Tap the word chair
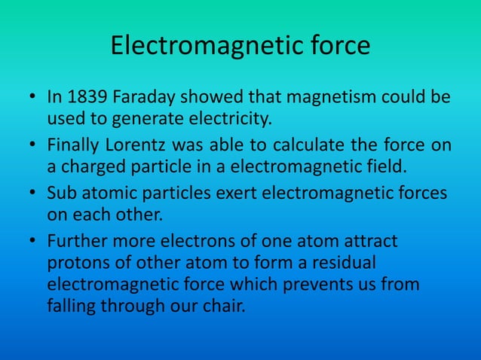point(225,307)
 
